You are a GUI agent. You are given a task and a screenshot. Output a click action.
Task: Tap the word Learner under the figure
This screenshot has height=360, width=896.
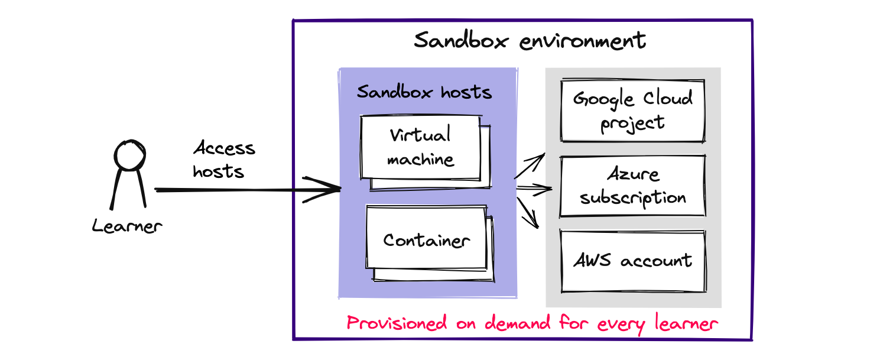tap(126, 226)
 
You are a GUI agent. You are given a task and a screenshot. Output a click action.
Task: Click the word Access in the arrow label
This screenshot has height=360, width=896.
tap(224, 148)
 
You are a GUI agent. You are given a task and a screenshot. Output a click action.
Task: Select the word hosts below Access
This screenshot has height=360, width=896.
tap(218, 171)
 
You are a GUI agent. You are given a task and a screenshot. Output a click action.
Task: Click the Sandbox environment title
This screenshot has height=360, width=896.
tap(530, 41)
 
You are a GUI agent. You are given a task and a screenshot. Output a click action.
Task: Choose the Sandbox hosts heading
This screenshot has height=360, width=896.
tap(424, 92)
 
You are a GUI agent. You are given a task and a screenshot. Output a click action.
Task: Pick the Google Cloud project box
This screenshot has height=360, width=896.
tap(632, 111)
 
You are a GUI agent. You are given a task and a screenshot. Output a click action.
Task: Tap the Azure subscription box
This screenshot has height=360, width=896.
tap(632, 186)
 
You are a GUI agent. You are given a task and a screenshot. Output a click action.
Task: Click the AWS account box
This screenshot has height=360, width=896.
tap(632, 261)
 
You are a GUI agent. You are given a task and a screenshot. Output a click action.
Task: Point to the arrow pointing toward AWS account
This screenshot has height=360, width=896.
tap(529, 213)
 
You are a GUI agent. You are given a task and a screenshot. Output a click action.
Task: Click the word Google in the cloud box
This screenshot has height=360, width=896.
tap(597, 99)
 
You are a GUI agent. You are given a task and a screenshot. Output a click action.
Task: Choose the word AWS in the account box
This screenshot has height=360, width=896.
tap(593, 261)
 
